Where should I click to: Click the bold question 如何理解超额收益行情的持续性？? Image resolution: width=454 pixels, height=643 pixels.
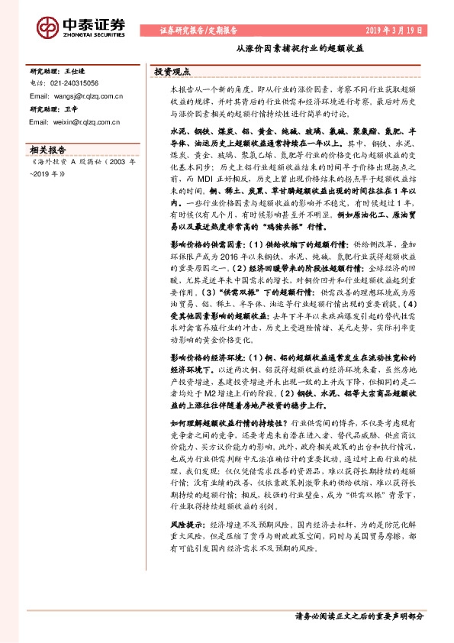[x=228, y=422]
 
